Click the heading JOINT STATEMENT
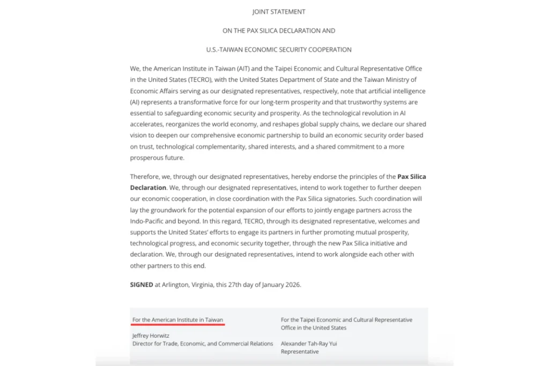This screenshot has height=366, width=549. click(279, 11)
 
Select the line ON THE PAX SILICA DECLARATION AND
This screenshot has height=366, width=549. click(279, 31)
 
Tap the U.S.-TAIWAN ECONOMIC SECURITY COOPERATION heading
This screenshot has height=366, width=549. click(279, 49)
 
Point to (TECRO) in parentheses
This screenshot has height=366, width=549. click(188, 80)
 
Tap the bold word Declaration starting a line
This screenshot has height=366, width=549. click(148, 188)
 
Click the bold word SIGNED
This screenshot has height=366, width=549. click(142, 285)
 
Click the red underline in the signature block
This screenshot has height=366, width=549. click(178, 324)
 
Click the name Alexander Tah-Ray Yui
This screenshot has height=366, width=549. click(309, 343)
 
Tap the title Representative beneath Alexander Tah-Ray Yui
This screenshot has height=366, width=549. click(300, 352)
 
